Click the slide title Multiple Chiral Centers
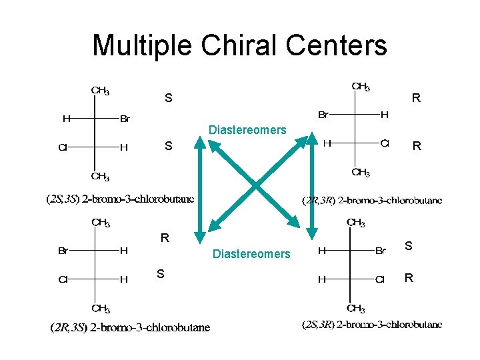[x=239, y=45]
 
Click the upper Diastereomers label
[x=247, y=130]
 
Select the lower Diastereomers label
[x=251, y=253]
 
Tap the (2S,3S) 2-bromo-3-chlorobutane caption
[x=120, y=199]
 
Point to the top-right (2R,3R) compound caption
[x=372, y=200]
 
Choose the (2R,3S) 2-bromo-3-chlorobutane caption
[x=130, y=327]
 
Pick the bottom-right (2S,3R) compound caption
[x=372, y=325]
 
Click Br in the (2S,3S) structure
[x=125, y=119]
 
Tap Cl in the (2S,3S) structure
[x=63, y=147]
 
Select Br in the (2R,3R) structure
[x=322, y=115]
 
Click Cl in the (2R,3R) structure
[x=385, y=143]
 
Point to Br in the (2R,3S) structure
[x=63, y=251]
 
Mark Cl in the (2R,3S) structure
[x=63, y=279]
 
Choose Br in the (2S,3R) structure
[x=381, y=251]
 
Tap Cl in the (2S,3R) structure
[x=380, y=279]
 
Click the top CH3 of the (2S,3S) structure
[x=101, y=91]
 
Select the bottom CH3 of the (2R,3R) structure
[x=361, y=173]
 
